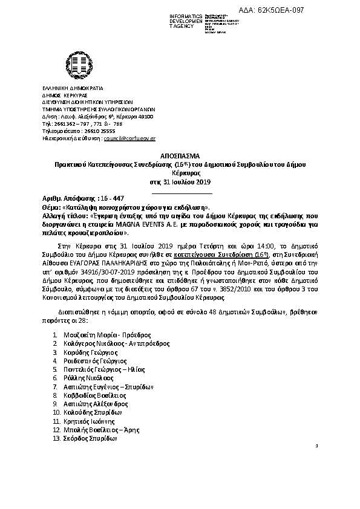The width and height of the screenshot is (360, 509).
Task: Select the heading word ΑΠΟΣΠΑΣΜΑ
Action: point(180,155)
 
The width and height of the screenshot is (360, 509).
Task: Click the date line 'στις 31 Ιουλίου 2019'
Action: point(180,181)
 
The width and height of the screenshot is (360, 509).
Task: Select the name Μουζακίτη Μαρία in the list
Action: point(89,334)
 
